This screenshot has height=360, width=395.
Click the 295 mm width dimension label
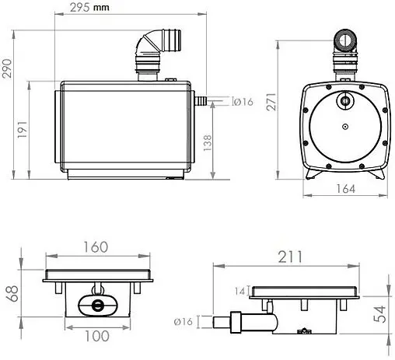tap(89, 7)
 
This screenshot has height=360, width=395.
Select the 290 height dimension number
tap(7, 68)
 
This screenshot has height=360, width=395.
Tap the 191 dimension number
tap(23, 129)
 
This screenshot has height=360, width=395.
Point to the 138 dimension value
tap(208, 143)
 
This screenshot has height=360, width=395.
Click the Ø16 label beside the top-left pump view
tap(243, 102)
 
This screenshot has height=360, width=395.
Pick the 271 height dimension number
tap(271, 102)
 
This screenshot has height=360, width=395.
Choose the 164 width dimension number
tap(345, 189)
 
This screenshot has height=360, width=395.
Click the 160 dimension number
tap(96, 247)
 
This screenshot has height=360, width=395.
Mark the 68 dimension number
tap(12, 293)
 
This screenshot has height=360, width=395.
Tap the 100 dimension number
tap(97, 336)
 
